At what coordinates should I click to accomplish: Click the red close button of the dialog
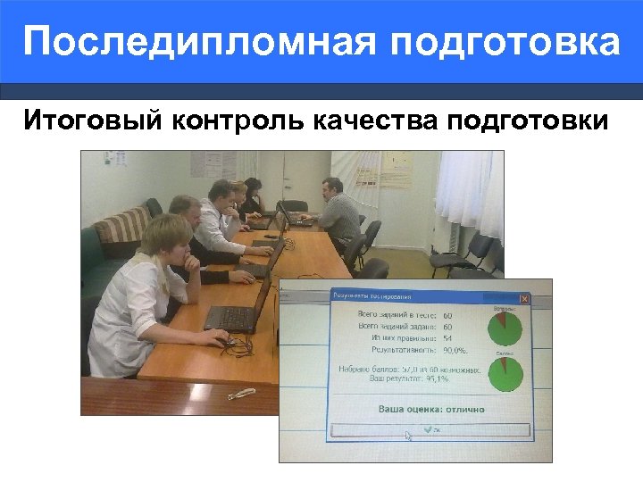tap(524, 298)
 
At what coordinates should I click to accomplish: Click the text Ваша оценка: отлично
tap(431, 409)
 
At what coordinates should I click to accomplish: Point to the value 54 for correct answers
tap(447, 338)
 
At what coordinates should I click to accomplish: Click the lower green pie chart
tap(505, 374)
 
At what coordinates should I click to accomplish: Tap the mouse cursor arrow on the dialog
tap(408, 436)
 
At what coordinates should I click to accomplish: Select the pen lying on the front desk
tap(240, 393)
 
